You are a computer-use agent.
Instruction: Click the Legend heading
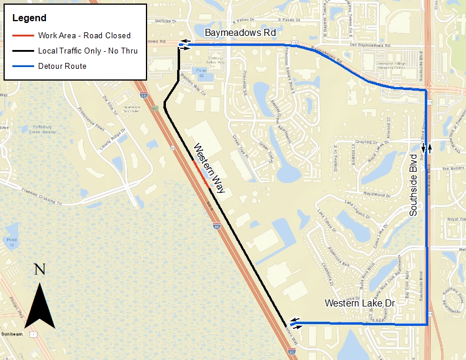coord(29,18)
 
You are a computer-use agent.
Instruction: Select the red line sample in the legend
coord(23,35)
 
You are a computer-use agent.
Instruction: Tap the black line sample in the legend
coord(23,51)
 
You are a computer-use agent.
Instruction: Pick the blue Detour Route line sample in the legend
coord(23,66)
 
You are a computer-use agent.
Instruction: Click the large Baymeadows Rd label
coord(240,33)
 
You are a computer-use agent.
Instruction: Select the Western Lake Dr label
coord(359,303)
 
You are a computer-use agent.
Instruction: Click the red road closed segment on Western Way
coord(201,174)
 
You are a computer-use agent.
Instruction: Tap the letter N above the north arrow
coord(39,269)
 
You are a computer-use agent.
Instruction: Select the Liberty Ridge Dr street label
coord(115,139)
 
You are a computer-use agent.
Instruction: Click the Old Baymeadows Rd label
coord(370,46)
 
